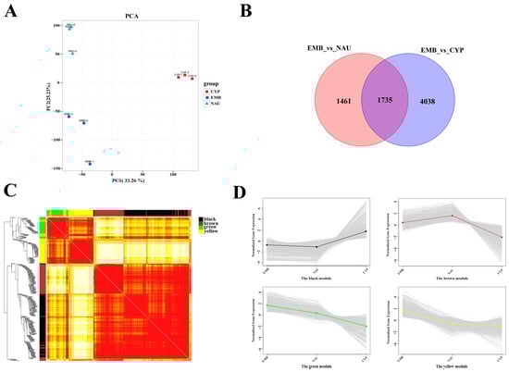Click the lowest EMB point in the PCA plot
coord(91,163)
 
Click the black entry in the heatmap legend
coord(206,219)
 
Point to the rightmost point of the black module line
coord(366,231)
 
